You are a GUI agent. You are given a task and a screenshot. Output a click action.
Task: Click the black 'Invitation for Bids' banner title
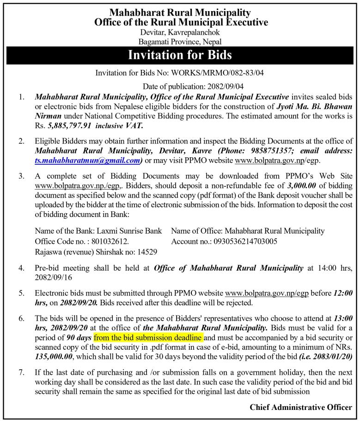[x=180, y=56]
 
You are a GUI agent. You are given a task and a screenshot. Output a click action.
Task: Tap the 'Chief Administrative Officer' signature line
[x=300, y=408]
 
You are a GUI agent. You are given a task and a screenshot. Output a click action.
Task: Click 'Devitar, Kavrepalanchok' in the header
[x=180, y=32]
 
